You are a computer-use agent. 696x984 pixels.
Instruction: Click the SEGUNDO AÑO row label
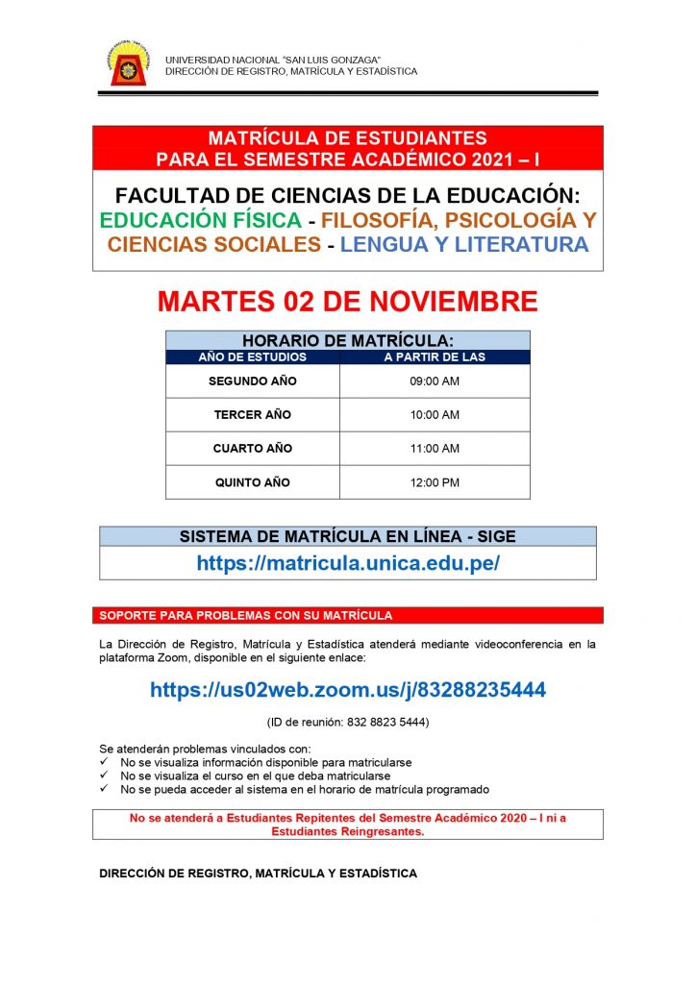point(252,381)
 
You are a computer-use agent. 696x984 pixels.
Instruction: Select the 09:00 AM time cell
point(435,381)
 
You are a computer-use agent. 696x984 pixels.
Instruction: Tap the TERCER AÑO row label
point(252,415)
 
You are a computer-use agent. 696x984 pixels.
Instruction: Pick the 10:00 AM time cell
point(435,415)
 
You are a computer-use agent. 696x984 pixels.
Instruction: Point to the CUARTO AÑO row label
point(252,449)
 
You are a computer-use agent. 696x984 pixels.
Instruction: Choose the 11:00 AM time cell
point(435,449)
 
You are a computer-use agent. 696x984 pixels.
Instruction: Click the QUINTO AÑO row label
point(252,482)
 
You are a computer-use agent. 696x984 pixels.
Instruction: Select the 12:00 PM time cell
point(435,482)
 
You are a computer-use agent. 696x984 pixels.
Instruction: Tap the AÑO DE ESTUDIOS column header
point(252,357)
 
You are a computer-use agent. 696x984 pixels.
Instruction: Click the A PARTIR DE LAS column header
point(435,357)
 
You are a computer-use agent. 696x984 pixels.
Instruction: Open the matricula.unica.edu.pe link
point(348,564)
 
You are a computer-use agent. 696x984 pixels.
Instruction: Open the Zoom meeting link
point(348,690)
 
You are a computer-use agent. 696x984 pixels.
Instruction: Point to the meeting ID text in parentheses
point(348,722)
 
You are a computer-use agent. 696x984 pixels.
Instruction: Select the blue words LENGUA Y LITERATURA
point(463,245)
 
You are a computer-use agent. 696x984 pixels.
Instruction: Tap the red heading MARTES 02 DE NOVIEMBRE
point(348,302)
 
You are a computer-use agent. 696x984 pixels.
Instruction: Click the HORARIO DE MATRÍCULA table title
point(348,340)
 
